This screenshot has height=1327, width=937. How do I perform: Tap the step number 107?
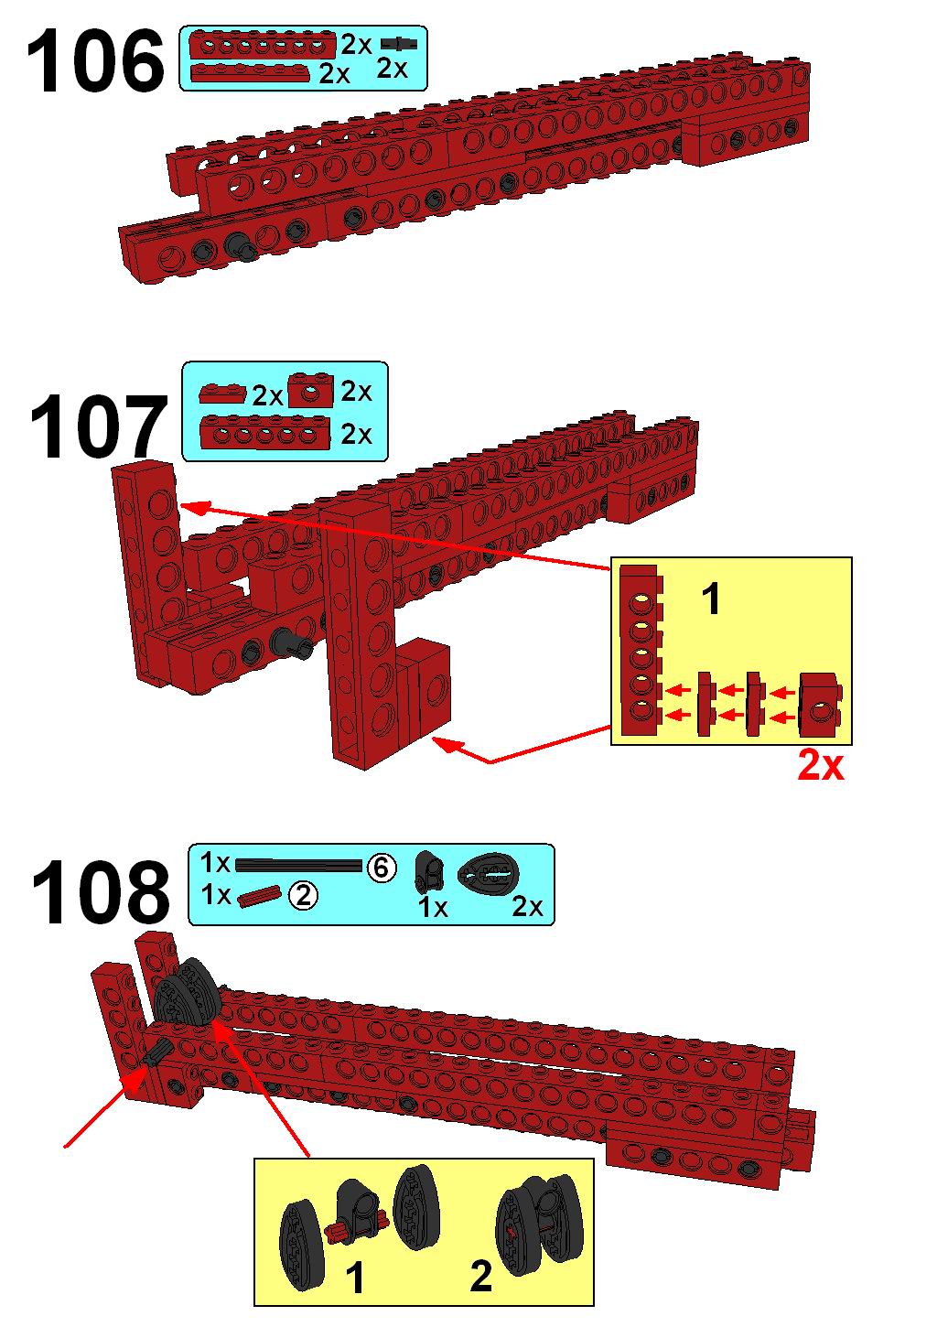tap(98, 427)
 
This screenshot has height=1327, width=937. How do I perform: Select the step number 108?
tap(101, 893)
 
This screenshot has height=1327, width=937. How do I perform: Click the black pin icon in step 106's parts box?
tap(398, 44)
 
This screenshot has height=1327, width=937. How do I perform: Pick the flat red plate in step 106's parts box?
tap(251, 71)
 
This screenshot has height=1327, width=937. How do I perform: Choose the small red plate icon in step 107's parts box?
tap(222, 394)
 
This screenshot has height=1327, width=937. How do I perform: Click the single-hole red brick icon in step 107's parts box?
tap(310, 391)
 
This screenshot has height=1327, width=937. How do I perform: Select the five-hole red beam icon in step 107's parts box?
tap(264, 433)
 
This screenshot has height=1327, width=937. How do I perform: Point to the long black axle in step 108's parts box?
tap(298, 866)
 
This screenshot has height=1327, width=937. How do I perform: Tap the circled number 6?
tap(381, 868)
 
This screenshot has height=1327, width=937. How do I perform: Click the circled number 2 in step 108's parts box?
tap(303, 896)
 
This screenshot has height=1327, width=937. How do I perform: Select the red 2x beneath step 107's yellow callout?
tap(820, 765)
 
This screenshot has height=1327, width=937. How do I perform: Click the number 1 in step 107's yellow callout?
tap(711, 599)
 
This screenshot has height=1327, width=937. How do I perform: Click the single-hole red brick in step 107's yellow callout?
tap(820, 704)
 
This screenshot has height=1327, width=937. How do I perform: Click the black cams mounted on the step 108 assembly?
tap(188, 992)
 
